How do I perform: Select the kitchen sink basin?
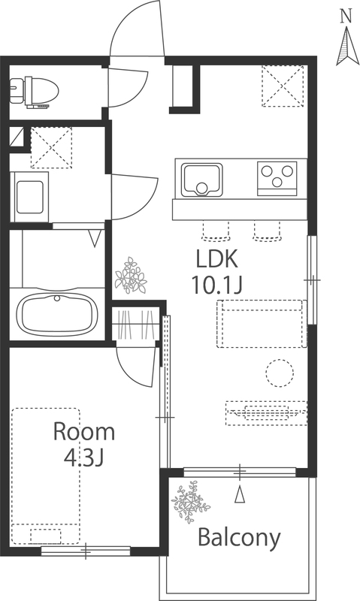click(202, 180)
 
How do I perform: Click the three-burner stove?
click(277, 179)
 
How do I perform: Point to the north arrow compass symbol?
click(348, 45)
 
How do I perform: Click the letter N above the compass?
click(346, 15)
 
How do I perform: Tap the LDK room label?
click(217, 258)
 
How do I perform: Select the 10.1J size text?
click(217, 285)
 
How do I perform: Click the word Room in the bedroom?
click(84, 431)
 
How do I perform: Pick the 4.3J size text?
click(84, 457)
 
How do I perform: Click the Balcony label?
click(239, 539)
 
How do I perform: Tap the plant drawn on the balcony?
click(191, 502)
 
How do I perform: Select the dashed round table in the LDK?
click(280, 373)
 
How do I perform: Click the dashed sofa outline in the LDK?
click(262, 324)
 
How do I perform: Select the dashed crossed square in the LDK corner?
click(283, 86)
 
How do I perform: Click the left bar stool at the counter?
click(215, 231)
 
